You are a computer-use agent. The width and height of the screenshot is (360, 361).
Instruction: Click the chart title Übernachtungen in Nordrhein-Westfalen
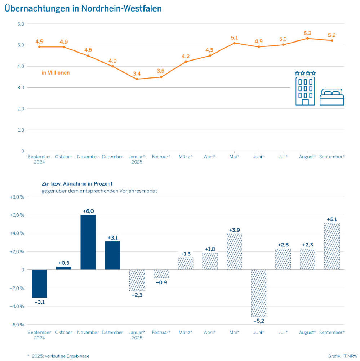pos(83,9)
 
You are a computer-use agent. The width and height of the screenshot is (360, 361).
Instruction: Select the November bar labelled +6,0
pos(88,242)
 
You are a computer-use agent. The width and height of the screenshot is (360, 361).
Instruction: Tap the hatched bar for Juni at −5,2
pos(259,293)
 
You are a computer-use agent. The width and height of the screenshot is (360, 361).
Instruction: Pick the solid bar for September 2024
pos(39,284)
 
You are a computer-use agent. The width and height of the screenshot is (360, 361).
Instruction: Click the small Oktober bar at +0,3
pos(64,268)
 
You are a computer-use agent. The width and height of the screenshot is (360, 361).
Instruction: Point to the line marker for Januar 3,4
pos(137,79)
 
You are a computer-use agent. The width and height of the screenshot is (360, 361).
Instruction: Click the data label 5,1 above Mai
pos(234,37)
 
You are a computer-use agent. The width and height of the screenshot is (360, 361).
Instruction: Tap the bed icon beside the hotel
pos(332,97)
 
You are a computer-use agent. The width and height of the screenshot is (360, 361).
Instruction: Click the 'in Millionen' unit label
pos(56,73)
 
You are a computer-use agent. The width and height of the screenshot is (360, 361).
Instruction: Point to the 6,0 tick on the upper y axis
pos(21,24)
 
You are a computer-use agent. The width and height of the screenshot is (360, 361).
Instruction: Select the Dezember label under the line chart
pos(112,157)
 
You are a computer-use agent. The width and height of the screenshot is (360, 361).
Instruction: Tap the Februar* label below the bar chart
pos(161,332)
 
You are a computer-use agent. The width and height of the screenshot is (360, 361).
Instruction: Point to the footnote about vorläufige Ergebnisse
pos(58,356)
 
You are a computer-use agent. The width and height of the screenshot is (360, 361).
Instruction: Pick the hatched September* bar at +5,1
pos(332,246)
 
